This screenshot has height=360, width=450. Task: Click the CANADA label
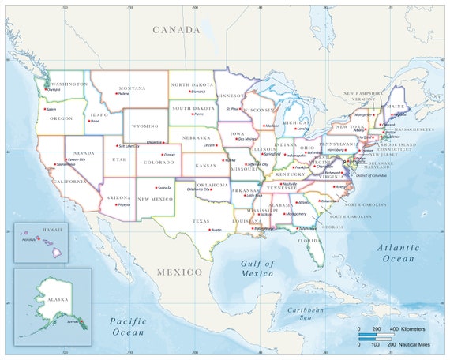point(177,29)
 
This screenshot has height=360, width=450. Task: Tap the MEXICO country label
point(179,272)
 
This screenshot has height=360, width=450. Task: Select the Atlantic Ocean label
point(398,253)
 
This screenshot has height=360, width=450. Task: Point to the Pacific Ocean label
point(129,327)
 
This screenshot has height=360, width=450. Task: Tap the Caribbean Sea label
point(310,313)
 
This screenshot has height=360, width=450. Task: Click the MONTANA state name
point(132,88)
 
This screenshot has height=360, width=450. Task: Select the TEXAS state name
point(201,221)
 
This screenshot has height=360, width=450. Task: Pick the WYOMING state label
point(145,126)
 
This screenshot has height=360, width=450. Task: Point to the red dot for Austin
point(209,230)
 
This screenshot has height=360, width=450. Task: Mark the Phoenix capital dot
point(115,204)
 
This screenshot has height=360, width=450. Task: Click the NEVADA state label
point(84,152)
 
